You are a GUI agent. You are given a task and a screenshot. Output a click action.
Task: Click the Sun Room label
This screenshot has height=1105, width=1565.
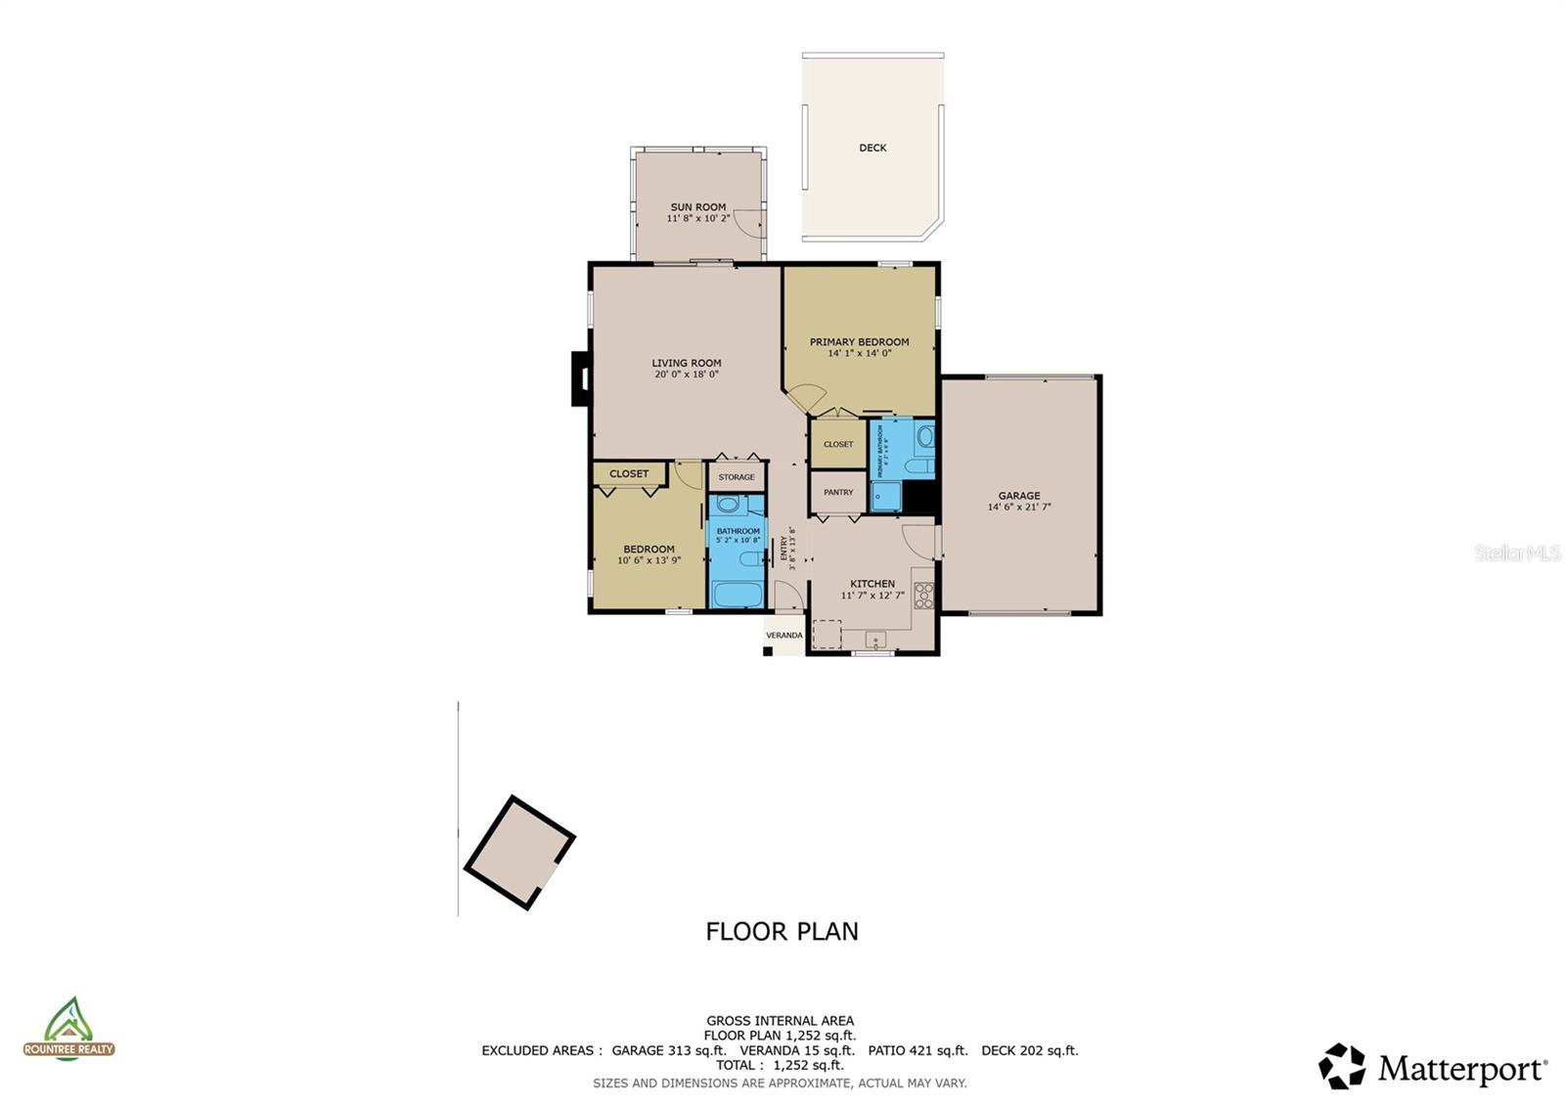(x=698, y=207)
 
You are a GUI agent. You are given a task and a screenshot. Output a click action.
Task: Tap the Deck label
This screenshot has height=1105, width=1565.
(x=872, y=149)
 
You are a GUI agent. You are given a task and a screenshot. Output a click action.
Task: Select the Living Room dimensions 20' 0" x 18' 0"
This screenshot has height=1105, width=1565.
(x=687, y=375)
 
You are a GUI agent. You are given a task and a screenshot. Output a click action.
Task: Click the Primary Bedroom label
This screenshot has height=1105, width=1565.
(x=859, y=342)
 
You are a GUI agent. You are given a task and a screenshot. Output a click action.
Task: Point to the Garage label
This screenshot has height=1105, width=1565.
(x=1019, y=496)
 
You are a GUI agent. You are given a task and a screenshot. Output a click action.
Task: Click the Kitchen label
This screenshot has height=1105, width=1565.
(x=872, y=584)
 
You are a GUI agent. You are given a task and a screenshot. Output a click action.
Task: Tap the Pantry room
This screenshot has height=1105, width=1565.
(x=838, y=493)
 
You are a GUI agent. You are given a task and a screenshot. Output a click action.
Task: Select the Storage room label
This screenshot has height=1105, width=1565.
(x=737, y=477)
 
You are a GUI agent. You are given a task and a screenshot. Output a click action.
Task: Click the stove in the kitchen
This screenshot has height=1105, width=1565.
(x=923, y=595)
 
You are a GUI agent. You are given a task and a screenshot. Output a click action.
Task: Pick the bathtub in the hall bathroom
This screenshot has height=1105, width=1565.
(x=737, y=595)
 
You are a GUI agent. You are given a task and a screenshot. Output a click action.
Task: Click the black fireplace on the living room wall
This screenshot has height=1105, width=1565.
(x=581, y=378)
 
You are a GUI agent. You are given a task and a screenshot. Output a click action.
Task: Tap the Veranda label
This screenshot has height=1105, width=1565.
(x=783, y=636)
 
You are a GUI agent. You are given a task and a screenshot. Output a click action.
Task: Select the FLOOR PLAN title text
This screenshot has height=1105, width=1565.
(x=782, y=932)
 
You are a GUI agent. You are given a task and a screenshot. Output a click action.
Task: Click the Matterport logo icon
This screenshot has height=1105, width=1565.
(x=1342, y=1066)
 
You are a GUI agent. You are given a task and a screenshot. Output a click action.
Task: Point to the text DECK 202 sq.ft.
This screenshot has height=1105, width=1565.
(x=1029, y=1051)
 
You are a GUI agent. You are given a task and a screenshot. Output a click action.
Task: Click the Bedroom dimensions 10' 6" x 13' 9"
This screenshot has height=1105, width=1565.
(x=648, y=561)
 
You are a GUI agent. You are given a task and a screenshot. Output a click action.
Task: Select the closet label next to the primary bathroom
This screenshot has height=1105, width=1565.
(x=838, y=444)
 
